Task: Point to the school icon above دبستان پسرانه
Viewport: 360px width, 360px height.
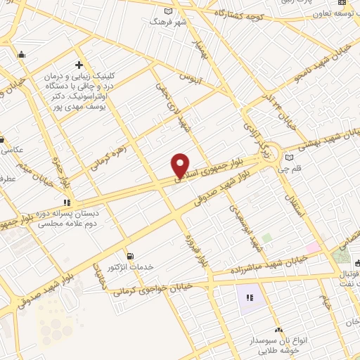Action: click(67, 202)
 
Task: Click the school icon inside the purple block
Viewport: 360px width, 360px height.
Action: click(249, 299)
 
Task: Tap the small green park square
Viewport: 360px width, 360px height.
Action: click(266, 238)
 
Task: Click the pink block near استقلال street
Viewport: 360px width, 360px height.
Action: click(313, 248)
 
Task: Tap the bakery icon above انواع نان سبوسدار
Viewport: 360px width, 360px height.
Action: click(278, 330)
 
